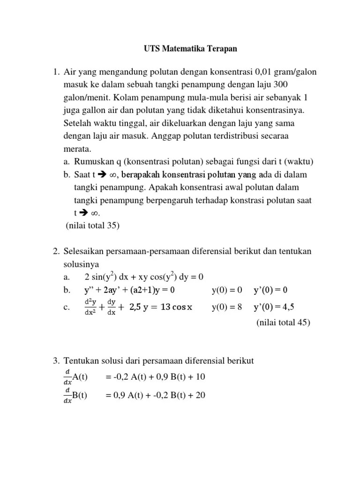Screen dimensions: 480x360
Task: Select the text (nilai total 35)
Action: click(x=93, y=225)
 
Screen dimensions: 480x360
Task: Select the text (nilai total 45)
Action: click(x=283, y=322)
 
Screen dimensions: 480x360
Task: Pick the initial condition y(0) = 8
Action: click(x=227, y=307)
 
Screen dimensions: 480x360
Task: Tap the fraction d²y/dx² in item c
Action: click(x=90, y=307)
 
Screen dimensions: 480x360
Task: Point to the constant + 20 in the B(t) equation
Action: click(x=195, y=395)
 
